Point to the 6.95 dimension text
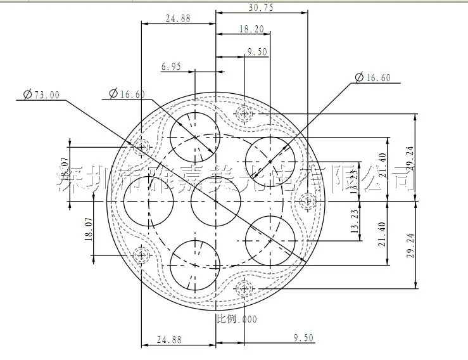click(x=171, y=66)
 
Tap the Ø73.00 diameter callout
click(x=41, y=94)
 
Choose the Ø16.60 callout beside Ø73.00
click(x=127, y=94)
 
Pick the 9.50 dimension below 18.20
click(x=257, y=52)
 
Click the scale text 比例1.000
click(x=237, y=319)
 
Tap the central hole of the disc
click(x=216, y=202)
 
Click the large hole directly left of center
click(x=149, y=202)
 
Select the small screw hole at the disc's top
click(x=244, y=114)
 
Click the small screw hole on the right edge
click(x=306, y=202)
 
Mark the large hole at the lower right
click(x=270, y=241)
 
